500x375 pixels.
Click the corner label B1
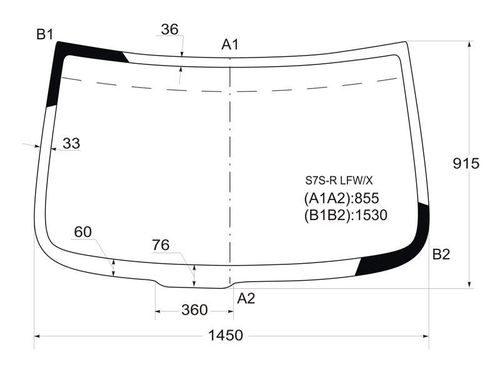(x=44, y=34)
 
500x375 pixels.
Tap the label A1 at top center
(x=229, y=44)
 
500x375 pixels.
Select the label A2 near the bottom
(x=246, y=299)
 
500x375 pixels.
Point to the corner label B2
(x=441, y=254)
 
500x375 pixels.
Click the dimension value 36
(x=169, y=29)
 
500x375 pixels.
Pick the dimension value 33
(x=71, y=144)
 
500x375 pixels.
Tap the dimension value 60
(x=82, y=232)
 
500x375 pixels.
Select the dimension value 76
(x=161, y=245)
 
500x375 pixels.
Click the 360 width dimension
(x=194, y=310)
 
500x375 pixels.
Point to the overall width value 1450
(x=226, y=336)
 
